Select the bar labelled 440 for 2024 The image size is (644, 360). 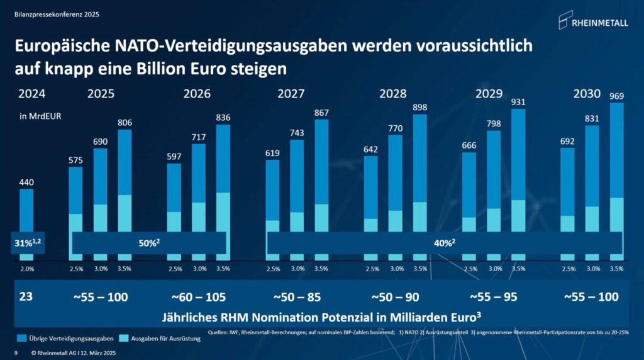26,214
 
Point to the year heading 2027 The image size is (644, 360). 291,94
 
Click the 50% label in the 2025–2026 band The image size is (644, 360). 149,242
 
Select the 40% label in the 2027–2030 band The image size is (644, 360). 445,242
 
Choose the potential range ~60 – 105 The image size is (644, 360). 199,296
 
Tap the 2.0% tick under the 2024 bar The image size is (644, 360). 26,269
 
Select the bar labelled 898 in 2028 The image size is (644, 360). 419,183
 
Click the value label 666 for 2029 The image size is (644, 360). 469,145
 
